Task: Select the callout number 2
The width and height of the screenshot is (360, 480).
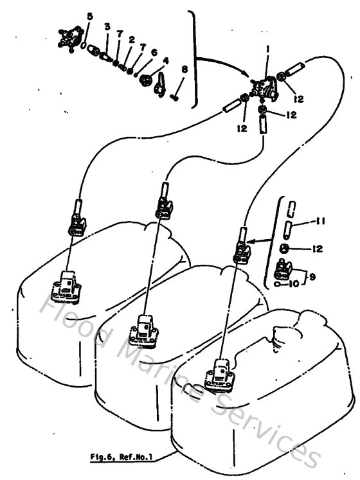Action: [131, 40]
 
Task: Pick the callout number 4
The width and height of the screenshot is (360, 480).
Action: [166, 62]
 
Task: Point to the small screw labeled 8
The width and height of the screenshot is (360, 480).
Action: [175, 98]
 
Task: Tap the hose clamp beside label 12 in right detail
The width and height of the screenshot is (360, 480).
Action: [283, 248]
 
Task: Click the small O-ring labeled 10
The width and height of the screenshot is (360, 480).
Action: [276, 283]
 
